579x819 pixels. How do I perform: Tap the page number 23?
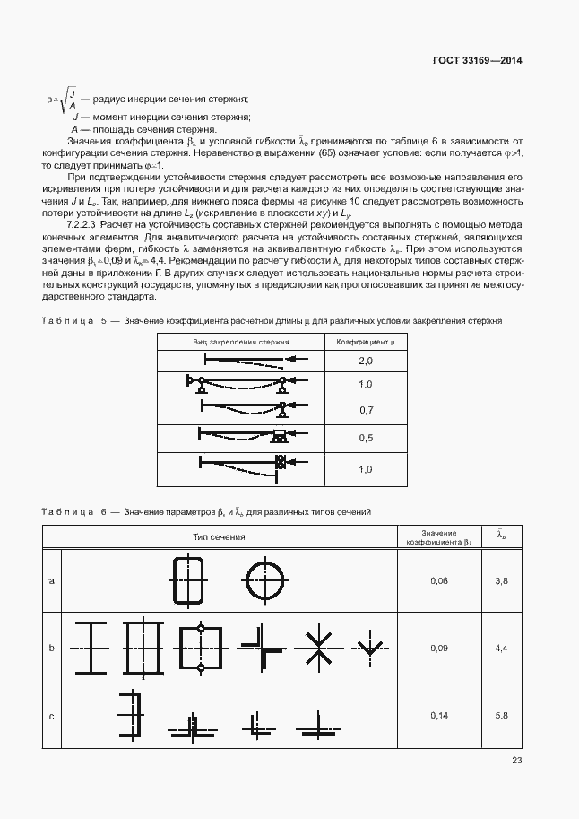coord(516,761)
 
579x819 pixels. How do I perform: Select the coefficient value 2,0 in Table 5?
coord(365,361)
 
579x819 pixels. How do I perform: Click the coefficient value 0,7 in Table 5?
coord(365,410)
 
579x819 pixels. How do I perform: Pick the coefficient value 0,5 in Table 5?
coord(365,438)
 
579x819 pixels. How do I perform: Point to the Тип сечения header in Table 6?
coord(219,536)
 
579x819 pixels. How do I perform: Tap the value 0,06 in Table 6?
coord(438,581)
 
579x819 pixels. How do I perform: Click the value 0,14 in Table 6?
coord(438,715)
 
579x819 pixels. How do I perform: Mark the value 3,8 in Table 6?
coord(501,581)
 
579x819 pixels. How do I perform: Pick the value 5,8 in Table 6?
coord(501,715)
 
